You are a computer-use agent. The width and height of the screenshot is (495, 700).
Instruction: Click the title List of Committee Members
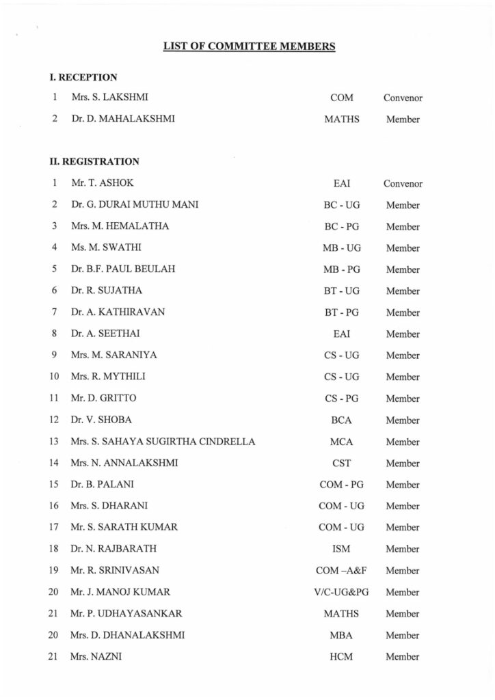[x=249, y=47]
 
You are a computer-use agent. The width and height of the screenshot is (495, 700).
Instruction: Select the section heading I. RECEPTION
[x=83, y=77]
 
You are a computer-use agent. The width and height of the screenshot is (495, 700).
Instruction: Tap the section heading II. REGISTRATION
[x=94, y=162]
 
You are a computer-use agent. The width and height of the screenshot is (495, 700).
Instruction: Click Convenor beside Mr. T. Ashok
[x=403, y=183]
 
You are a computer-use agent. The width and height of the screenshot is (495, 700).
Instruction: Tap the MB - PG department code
[x=342, y=269]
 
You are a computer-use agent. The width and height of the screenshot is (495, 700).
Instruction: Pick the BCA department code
[x=342, y=420]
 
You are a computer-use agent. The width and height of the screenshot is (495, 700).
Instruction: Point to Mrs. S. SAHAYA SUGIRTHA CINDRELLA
[x=163, y=442]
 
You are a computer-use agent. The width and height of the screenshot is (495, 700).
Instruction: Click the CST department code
[x=342, y=463]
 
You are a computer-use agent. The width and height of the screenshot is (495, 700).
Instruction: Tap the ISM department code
[x=342, y=549]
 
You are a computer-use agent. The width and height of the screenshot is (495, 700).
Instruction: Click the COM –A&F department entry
[x=342, y=570]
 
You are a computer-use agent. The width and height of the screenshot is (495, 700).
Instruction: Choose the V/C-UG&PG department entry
[x=342, y=592]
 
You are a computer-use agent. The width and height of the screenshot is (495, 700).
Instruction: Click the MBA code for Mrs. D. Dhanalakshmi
[x=342, y=635]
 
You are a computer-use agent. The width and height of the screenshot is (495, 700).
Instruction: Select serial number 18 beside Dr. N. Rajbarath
[x=53, y=549]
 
